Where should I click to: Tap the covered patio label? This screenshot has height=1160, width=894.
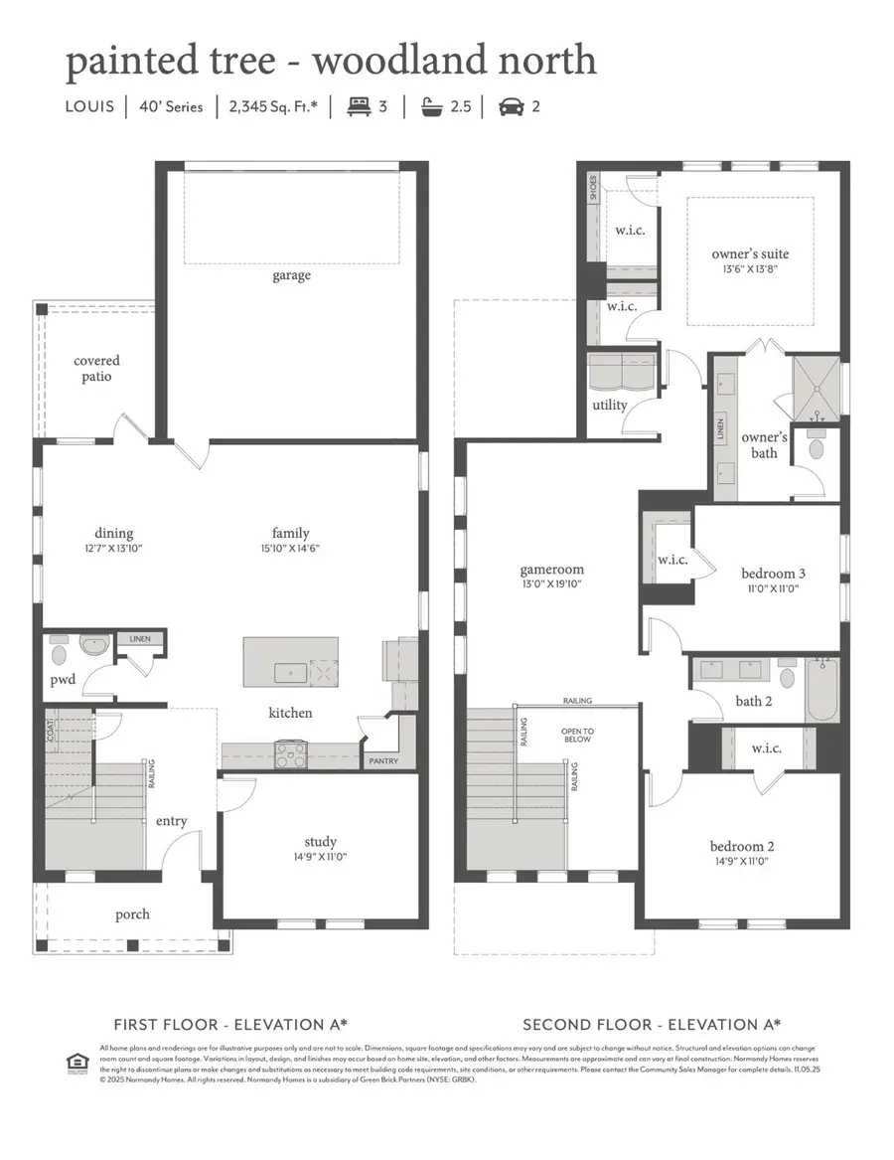96,369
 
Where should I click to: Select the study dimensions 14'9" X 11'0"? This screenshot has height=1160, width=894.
319,857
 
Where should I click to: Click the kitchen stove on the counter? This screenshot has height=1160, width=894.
289,753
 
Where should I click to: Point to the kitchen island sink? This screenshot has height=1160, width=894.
290,674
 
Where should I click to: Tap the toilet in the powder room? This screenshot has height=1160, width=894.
59,655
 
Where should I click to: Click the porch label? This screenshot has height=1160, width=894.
131,914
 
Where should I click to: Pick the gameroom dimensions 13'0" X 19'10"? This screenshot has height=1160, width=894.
551,584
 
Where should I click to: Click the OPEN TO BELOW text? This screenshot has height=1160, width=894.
576,735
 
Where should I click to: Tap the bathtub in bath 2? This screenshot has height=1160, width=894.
822,690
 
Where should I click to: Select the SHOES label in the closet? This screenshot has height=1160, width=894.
593,189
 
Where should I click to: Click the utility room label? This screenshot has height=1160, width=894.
609,405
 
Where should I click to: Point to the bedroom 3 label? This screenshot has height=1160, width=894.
773,574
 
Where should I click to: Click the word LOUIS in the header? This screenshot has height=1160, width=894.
90,107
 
